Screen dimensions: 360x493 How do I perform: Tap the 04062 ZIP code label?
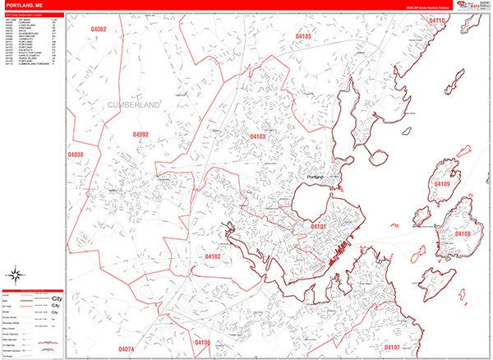coord(99,30)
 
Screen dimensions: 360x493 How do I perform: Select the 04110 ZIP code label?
coord(458,21)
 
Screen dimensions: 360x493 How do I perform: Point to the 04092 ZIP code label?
coord(141,134)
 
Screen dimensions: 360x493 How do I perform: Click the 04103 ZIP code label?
coord(258,136)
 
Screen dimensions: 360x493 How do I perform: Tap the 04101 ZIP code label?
coord(319,224)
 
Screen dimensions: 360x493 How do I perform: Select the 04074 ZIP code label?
coord(126,349)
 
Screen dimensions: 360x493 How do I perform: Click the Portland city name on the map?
coord(316,177)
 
